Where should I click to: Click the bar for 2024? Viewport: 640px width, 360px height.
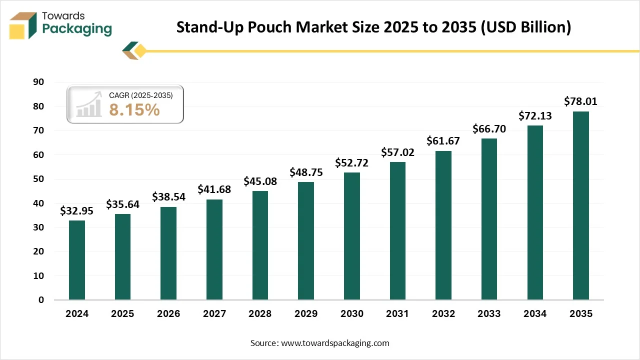pos(76,260)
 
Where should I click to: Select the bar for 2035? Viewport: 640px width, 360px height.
pos(580,205)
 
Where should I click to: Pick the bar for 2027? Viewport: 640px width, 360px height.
pos(214,249)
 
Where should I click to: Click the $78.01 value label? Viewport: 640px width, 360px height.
pos(580,101)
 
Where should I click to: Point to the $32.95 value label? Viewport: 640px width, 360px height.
pos(76,210)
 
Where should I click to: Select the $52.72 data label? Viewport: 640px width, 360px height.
pos(351,162)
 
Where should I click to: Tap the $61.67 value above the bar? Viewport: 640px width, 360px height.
pos(443,141)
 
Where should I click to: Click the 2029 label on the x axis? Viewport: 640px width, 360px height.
pos(306,314)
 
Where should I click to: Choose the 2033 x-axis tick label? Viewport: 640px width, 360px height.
pos(489,314)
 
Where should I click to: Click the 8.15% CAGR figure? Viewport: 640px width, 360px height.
pos(134,110)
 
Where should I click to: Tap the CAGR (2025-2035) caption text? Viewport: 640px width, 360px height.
pos(140,95)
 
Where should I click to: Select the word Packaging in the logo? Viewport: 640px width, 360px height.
pos(77,29)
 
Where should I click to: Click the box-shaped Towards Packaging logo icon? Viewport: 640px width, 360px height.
pos(23,25)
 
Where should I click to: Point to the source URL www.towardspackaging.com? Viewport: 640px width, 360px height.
pos(335,343)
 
